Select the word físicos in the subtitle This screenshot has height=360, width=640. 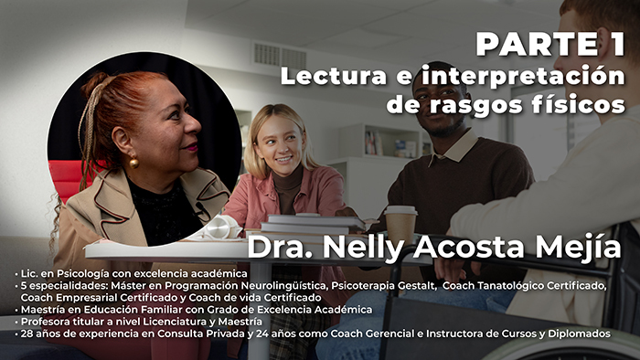(575, 104)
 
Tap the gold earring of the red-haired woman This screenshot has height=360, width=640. (133, 163)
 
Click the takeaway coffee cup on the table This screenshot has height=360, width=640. (400, 223)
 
